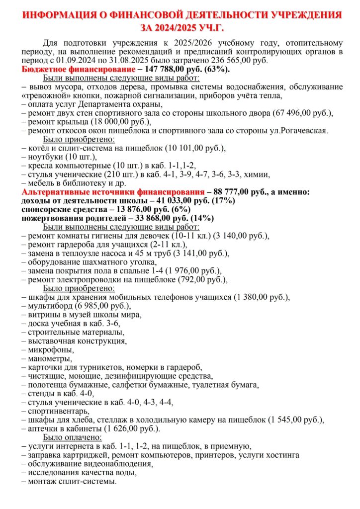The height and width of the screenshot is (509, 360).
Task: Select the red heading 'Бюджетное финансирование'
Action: coord(78,70)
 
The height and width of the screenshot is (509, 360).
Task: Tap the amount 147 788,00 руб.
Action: coord(171,70)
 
